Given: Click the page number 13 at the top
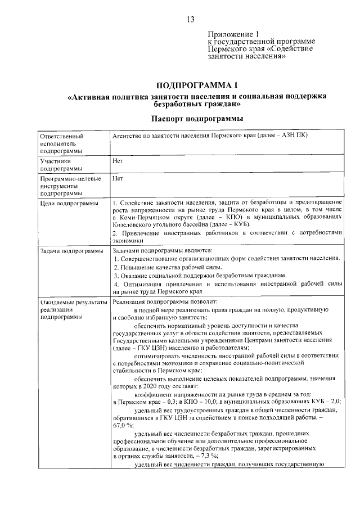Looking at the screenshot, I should click(190, 20).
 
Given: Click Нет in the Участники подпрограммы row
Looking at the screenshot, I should click(118, 161).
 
